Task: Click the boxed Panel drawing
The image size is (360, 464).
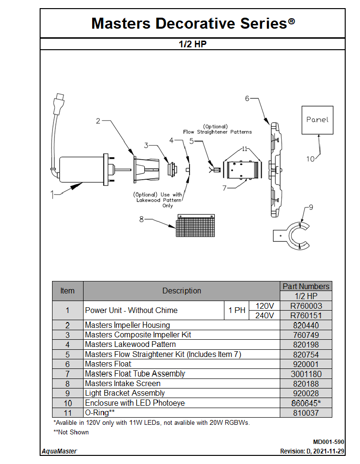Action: click(x=318, y=120)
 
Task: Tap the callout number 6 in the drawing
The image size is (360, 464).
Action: click(x=247, y=98)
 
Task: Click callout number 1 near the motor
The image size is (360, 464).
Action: click(x=53, y=194)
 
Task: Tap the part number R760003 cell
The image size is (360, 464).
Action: click(x=306, y=306)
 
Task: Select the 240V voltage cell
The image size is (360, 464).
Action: click(x=265, y=315)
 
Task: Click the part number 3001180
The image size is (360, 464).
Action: click(x=306, y=374)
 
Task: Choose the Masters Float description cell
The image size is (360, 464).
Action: click(x=108, y=364)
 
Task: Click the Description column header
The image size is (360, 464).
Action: click(x=181, y=291)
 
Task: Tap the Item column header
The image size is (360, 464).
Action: click(x=67, y=291)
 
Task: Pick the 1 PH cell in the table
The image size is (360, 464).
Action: click(x=237, y=311)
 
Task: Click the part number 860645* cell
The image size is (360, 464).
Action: click(x=306, y=403)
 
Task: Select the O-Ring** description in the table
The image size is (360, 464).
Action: click(x=100, y=412)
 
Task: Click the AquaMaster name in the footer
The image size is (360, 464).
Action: click(x=59, y=451)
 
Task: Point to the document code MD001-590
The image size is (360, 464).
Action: click(x=328, y=442)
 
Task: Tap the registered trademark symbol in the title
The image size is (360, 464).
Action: click(x=291, y=22)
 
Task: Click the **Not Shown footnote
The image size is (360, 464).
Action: click(x=71, y=432)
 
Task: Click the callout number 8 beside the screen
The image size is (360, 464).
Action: click(x=141, y=219)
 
